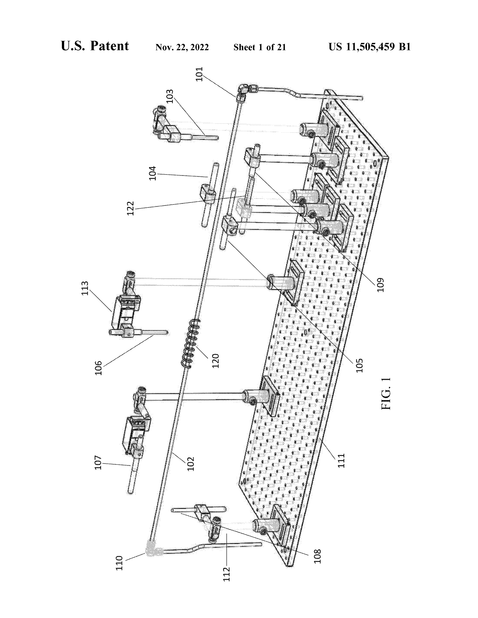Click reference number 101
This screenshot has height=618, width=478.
coord(200,74)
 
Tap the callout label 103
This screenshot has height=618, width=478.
coord(170,97)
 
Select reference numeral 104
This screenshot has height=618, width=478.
coord(152,173)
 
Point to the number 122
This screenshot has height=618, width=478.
coord(130,209)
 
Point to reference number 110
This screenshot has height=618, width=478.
coord(120,563)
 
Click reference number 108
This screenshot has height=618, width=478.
coord(318,557)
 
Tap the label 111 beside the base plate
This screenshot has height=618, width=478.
coord(342,461)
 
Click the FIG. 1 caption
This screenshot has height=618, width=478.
coord(386,394)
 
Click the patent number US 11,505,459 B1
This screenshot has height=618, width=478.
coord(369,47)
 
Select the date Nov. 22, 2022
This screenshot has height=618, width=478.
coord(182,47)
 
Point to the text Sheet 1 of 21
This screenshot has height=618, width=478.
coord(260,47)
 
